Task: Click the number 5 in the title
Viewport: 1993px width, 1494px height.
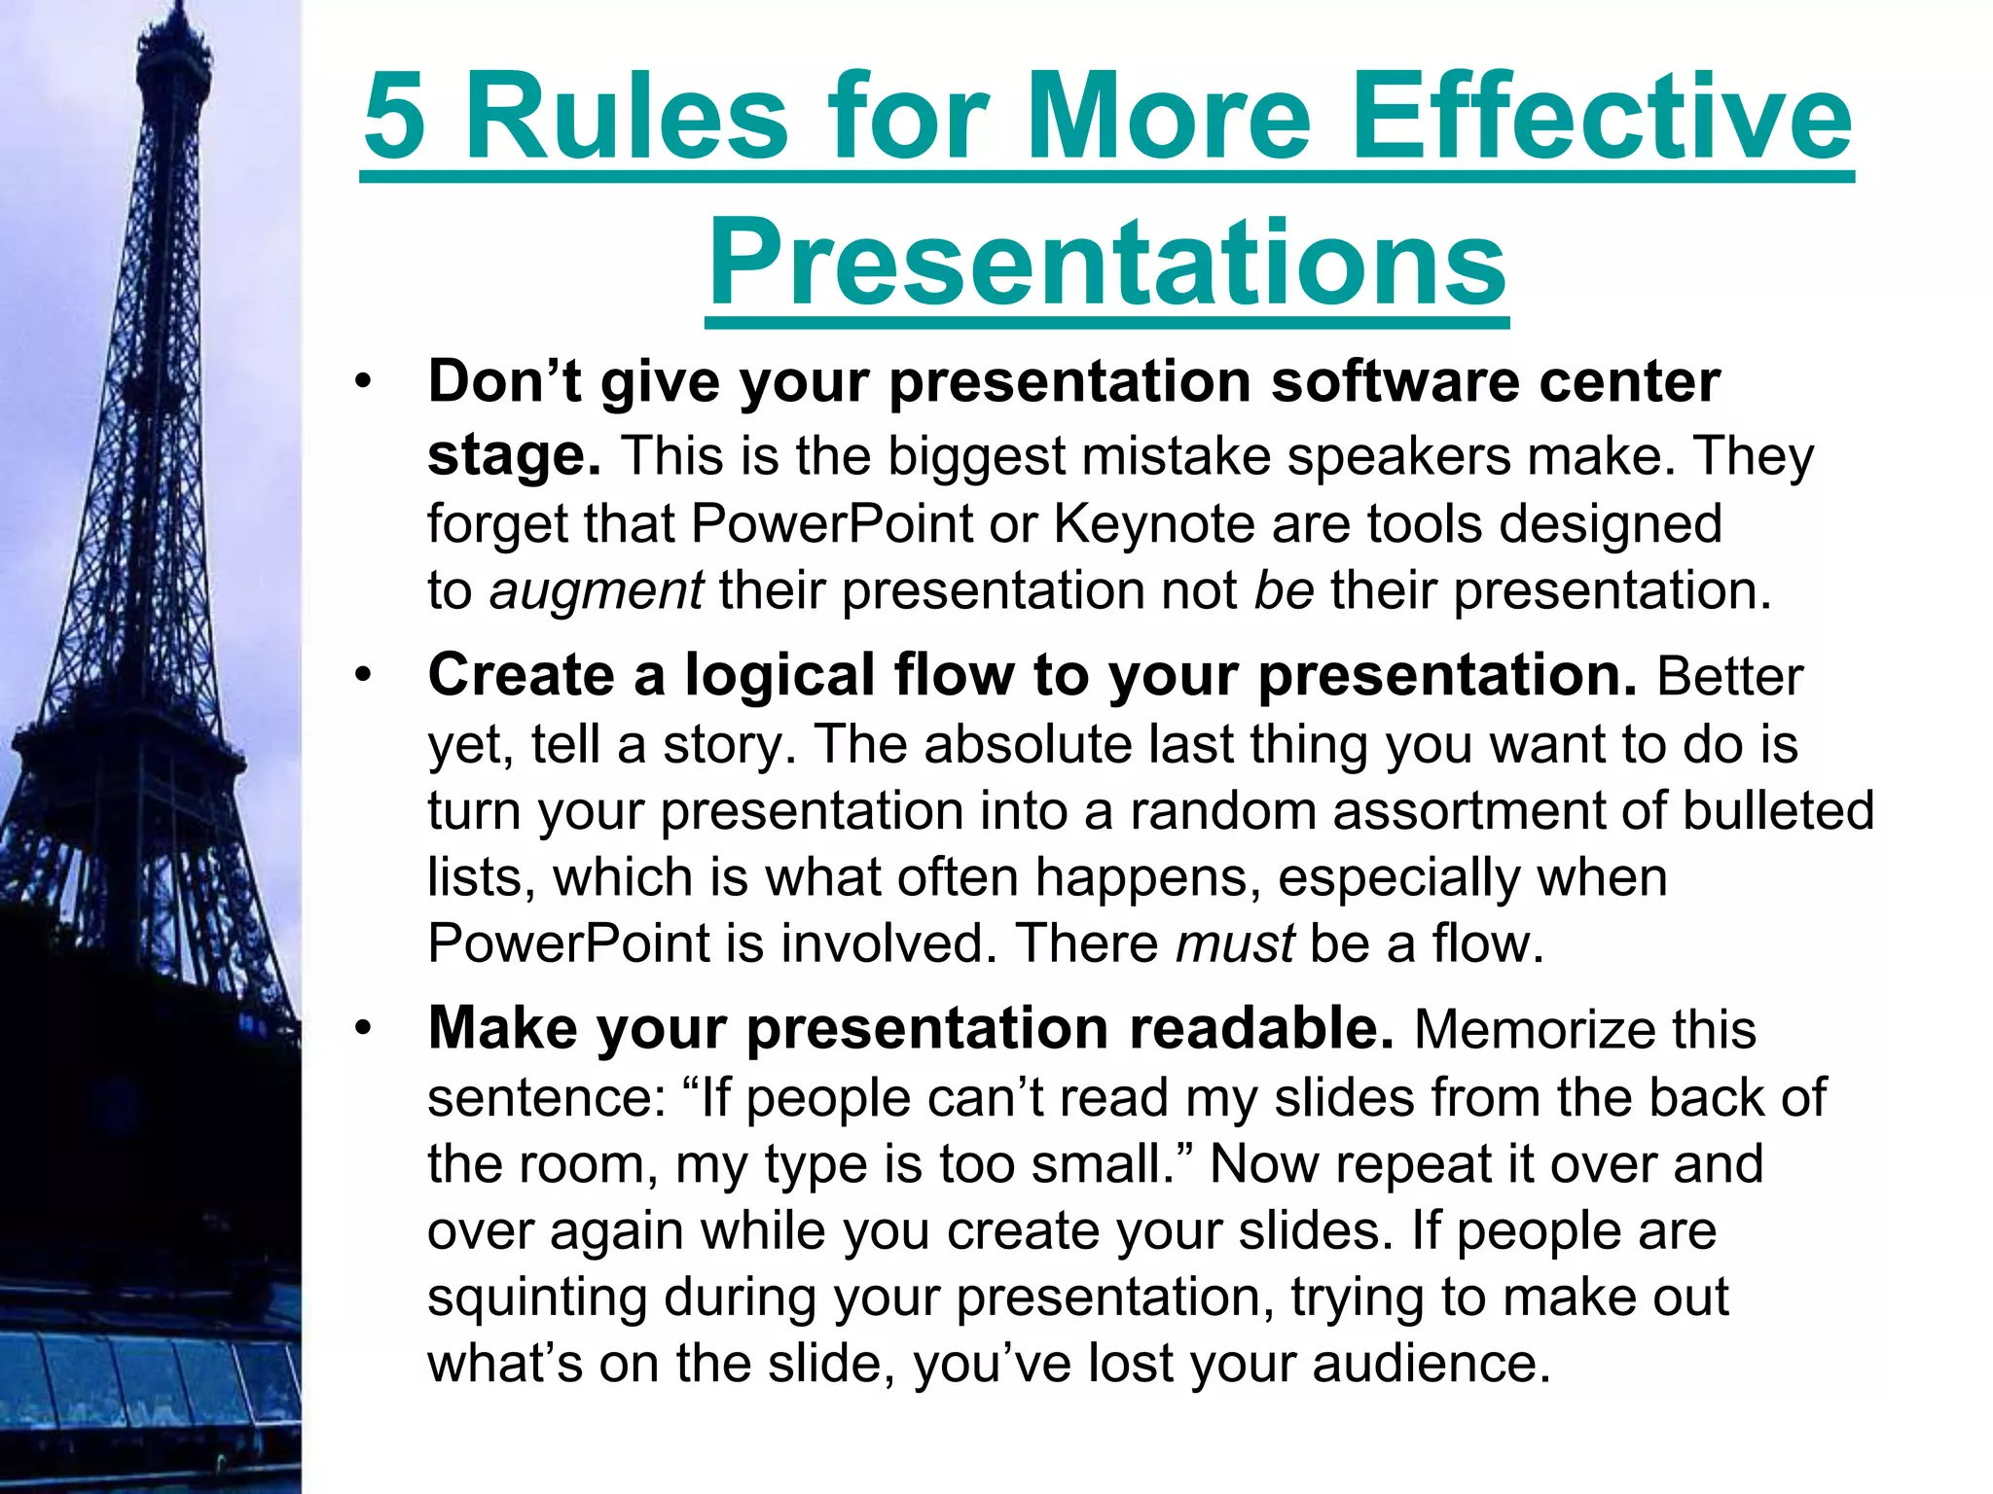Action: click(395, 119)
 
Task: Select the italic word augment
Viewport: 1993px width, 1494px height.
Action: click(596, 591)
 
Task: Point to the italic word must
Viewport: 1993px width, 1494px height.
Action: click(1234, 943)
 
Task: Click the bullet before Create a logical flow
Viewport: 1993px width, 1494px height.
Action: click(363, 676)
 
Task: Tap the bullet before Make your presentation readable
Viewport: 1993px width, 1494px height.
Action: click(363, 1029)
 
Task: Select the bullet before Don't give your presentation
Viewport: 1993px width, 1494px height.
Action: click(363, 381)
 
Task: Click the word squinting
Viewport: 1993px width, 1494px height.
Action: click(536, 1298)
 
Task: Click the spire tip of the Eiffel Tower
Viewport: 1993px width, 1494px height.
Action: click(176, 8)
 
